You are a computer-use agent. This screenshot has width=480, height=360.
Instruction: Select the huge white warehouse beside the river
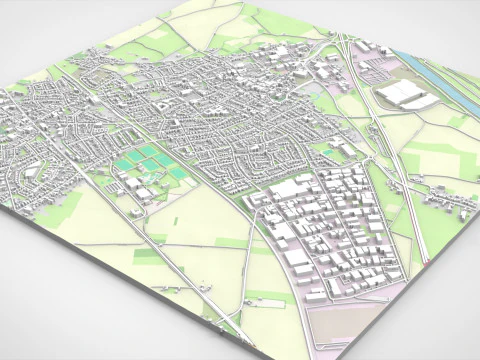point(406,95)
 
